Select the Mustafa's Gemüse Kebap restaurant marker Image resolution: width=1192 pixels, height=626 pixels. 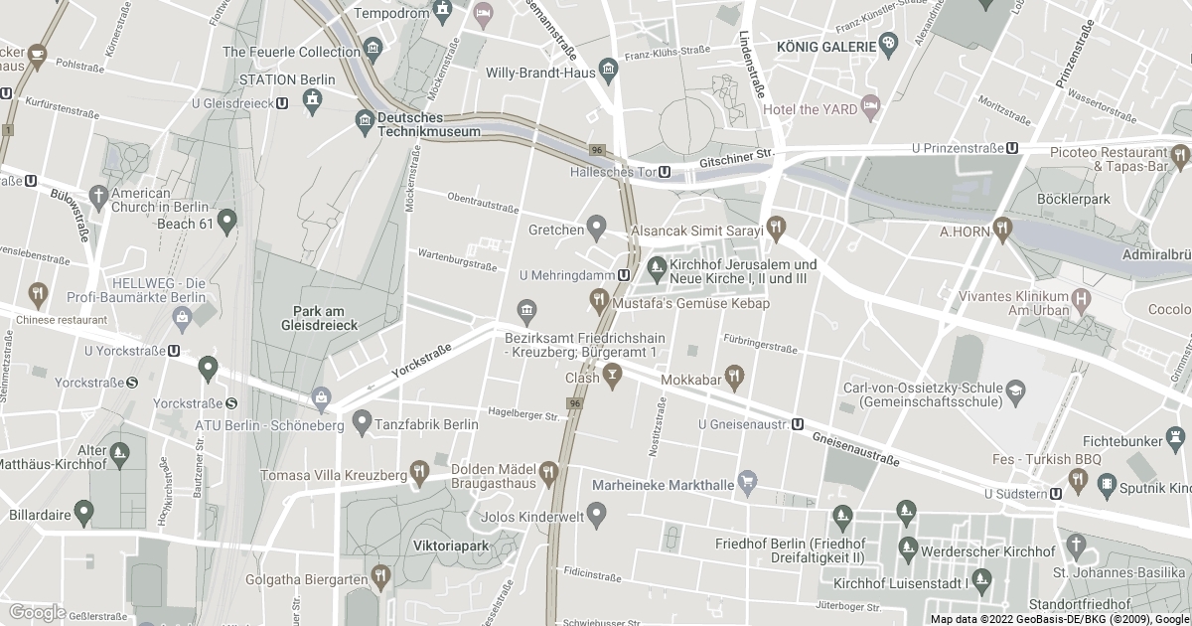pyautogui.click(x=598, y=297)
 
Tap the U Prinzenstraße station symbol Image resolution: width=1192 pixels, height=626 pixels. pyautogui.click(x=1012, y=148)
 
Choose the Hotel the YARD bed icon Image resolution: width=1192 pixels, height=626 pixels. pyautogui.click(x=870, y=104)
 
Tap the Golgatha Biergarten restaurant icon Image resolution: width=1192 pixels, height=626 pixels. pyautogui.click(x=381, y=575)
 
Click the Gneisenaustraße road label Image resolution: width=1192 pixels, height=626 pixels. pyautogui.click(x=855, y=449)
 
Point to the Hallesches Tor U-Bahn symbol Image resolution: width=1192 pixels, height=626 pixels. pyautogui.click(x=664, y=172)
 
